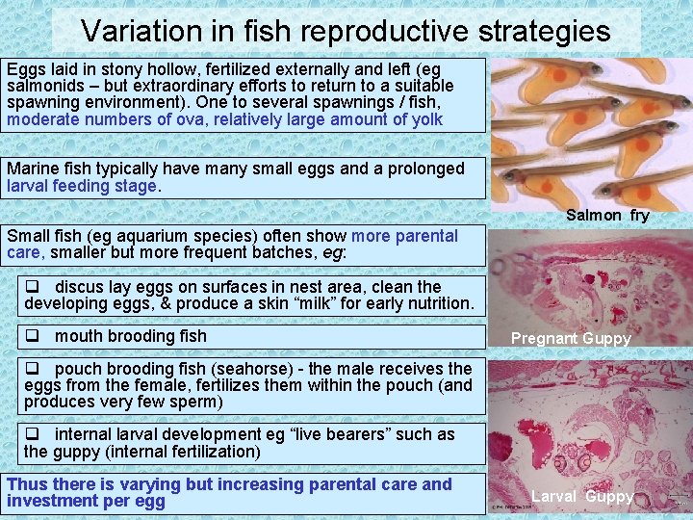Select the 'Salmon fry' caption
607,215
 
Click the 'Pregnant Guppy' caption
571,338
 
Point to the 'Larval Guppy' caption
582,496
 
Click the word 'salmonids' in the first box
41,87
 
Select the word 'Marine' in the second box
32,169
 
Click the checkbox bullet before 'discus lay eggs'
32,287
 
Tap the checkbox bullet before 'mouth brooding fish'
32,336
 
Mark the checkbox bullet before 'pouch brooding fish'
32,369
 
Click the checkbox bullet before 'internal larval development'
32,434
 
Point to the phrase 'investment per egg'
86,501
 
